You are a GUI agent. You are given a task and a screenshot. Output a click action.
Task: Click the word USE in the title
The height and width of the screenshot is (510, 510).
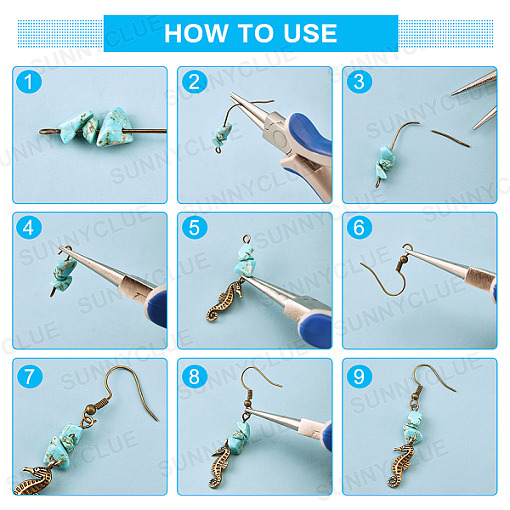pyautogui.click(x=310, y=33)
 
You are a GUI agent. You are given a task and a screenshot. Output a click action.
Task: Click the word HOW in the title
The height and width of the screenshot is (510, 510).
pyautogui.click(x=196, y=33)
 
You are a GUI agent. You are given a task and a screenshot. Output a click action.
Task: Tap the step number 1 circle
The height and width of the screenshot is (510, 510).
pyautogui.click(x=29, y=82)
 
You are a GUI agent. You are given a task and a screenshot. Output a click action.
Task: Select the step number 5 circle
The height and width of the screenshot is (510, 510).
pyautogui.click(x=194, y=227)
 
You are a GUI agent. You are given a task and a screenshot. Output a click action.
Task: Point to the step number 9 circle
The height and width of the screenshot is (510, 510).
pyautogui.click(x=359, y=376)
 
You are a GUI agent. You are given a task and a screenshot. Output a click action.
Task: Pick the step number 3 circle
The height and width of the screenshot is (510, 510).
pyautogui.click(x=359, y=82)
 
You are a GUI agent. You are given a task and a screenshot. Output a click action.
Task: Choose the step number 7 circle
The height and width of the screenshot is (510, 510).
pyautogui.click(x=29, y=376)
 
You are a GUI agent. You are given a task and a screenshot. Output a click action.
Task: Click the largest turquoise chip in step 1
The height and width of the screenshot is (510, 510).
pyautogui.click(x=115, y=127)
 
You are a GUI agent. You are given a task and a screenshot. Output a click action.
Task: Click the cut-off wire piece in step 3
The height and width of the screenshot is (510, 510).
pyautogui.click(x=450, y=139)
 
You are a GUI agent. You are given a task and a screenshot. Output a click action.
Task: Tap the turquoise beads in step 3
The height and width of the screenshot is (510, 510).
pyautogui.click(x=385, y=162)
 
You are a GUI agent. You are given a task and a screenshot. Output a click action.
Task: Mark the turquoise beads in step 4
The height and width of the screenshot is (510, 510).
pyautogui.click(x=64, y=273)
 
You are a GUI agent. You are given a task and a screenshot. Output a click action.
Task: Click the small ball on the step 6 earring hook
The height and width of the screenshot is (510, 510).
pyautogui.click(x=403, y=259)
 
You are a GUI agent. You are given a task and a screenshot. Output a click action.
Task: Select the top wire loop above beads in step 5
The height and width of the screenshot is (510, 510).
pyautogui.click(x=246, y=240)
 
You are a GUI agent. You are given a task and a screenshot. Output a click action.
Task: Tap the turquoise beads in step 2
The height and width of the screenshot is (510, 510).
pyautogui.click(x=223, y=134)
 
